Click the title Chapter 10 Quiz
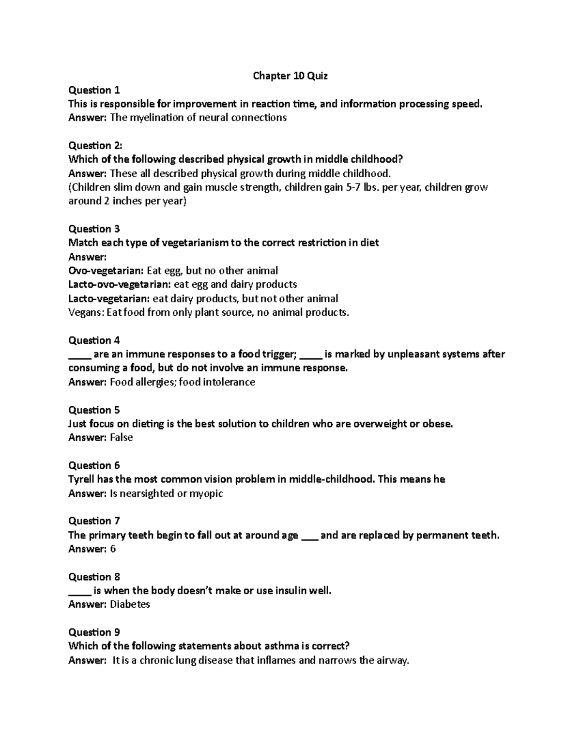290,76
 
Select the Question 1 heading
94,90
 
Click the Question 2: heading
95,145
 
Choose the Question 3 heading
94,229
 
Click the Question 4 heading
94,340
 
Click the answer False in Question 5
122,437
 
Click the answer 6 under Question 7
113,549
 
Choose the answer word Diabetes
130,604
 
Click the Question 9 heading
94,632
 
